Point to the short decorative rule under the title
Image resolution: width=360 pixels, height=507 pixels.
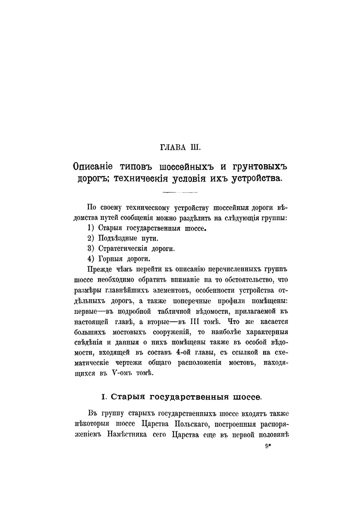pyautogui.click(x=180, y=191)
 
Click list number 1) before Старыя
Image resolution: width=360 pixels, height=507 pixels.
pyautogui.click(x=90, y=228)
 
